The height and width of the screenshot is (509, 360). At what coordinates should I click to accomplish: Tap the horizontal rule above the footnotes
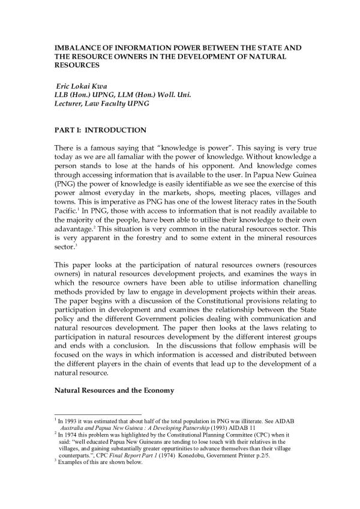(x=97, y=414)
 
